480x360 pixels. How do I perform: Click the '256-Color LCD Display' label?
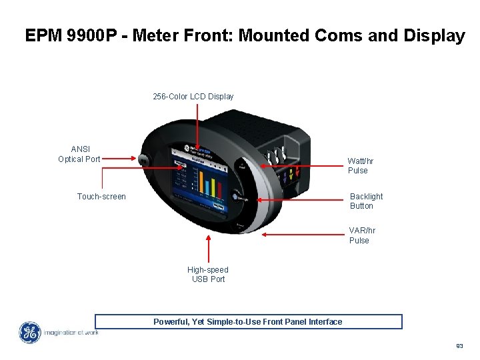(193, 97)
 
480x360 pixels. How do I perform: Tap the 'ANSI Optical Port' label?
(79, 154)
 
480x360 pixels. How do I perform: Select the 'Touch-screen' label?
(101, 197)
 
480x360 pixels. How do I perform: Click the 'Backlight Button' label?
(366, 201)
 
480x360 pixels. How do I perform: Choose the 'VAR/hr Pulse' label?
(362, 235)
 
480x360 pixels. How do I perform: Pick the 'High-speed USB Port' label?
(208, 275)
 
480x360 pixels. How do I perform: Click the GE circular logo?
(29, 333)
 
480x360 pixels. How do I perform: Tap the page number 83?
(459, 346)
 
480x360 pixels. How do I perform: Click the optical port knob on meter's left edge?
(142, 159)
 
